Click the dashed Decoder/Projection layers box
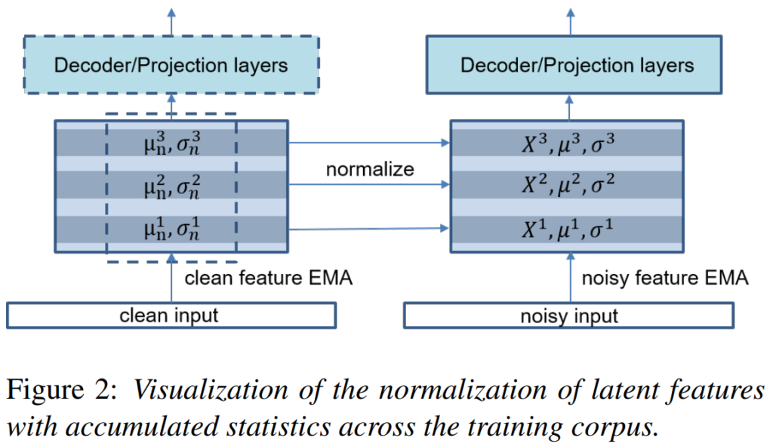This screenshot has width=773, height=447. [x=171, y=66]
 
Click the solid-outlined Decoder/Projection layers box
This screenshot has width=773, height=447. [x=577, y=66]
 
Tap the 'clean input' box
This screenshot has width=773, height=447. [x=171, y=315]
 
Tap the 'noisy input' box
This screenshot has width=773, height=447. [x=568, y=315]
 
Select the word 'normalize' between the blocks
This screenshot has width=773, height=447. [x=370, y=169]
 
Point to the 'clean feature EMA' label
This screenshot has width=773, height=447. [x=269, y=279]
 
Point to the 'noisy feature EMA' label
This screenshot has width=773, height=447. [x=665, y=279]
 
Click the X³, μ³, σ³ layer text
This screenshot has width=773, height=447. [x=567, y=143]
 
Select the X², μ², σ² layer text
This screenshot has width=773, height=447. [x=567, y=185]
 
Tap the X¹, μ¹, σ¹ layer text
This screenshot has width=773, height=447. [x=567, y=228]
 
